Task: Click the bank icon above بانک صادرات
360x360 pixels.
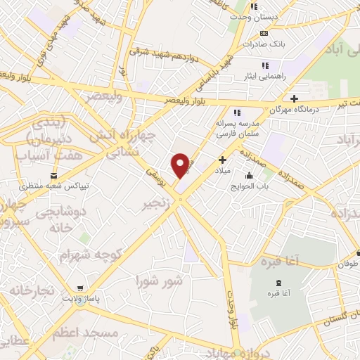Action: [264, 33]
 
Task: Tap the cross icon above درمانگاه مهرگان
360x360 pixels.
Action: [294, 98]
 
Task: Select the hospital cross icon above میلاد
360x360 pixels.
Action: [223, 160]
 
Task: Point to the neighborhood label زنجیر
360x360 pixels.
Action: [157, 203]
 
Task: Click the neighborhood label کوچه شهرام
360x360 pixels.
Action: [85, 254]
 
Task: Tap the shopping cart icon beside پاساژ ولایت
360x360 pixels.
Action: [82, 289]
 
